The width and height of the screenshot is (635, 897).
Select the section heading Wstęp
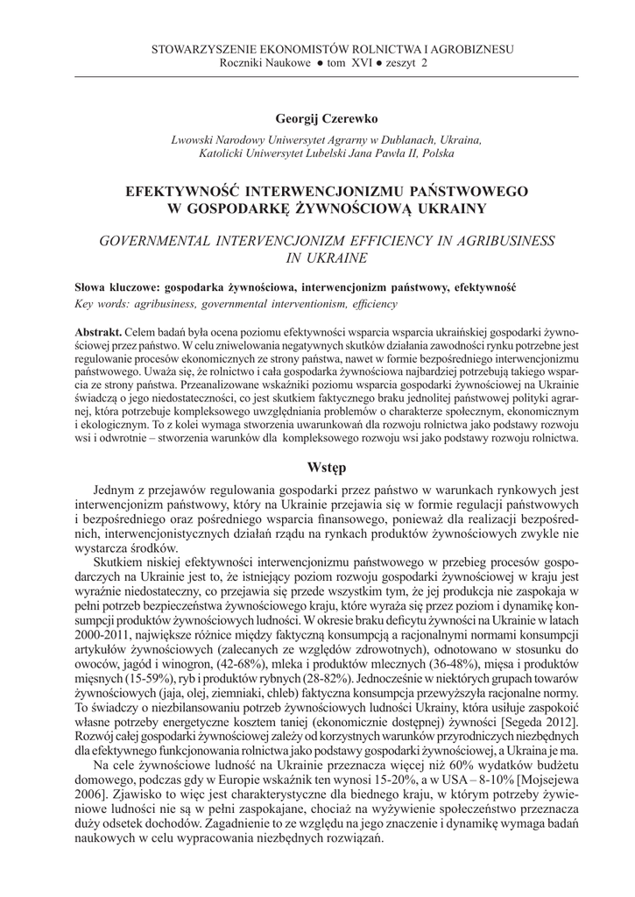click(317, 464)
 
